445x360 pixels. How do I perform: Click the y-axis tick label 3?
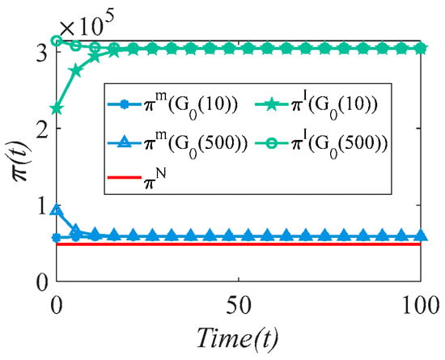click(x=43, y=53)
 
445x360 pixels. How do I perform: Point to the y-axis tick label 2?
click(x=43, y=129)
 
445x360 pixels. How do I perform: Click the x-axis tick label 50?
click(x=239, y=306)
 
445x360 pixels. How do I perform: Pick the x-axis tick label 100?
click(x=421, y=306)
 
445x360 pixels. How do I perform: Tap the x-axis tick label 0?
click(x=56, y=306)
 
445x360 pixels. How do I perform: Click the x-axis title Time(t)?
click(x=237, y=337)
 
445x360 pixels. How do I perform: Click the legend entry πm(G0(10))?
click(x=172, y=105)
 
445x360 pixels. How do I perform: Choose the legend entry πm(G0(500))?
click(x=177, y=144)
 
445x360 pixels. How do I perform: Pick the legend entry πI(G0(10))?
click(x=316, y=105)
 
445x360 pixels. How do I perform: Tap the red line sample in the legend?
click(x=125, y=178)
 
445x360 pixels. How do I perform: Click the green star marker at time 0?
click(x=57, y=108)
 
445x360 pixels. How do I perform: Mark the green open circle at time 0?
click(x=57, y=41)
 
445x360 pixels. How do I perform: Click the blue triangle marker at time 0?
click(x=57, y=210)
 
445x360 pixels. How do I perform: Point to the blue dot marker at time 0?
click(x=57, y=238)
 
